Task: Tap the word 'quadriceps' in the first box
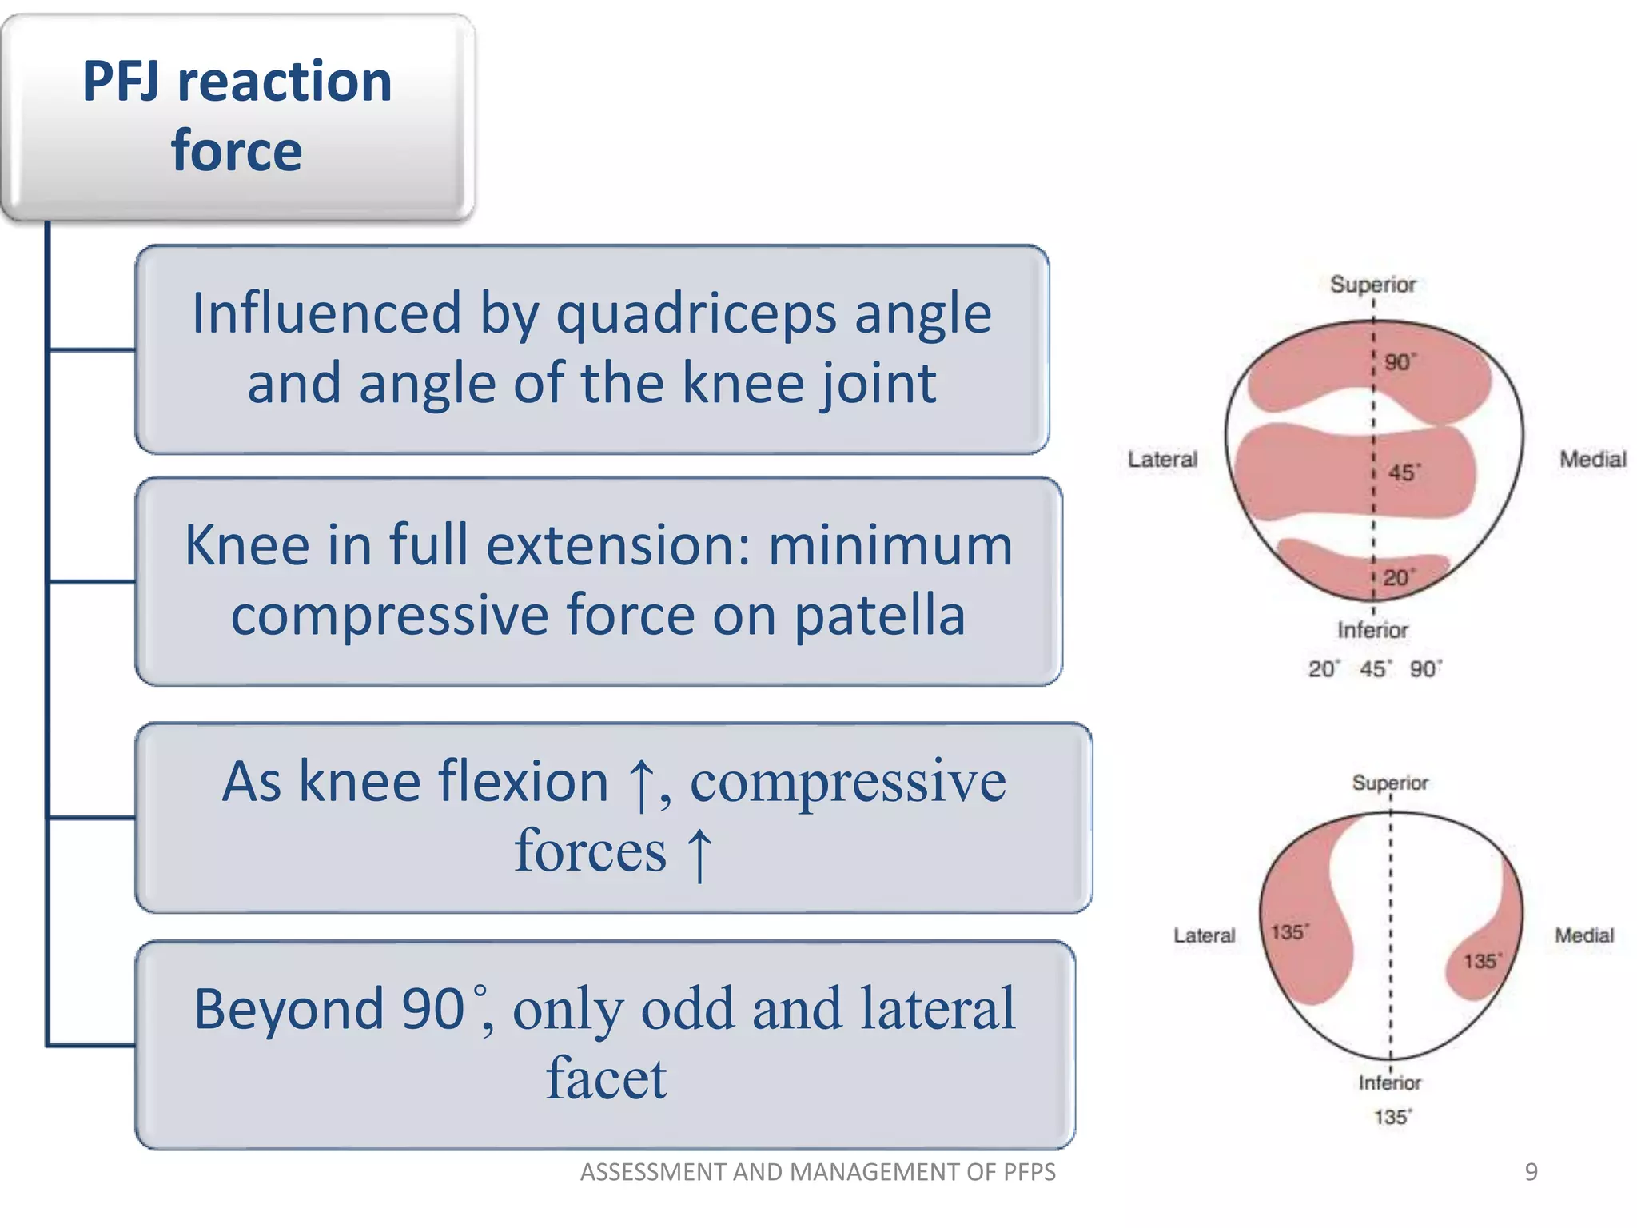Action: click(x=695, y=313)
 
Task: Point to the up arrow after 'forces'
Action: click(x=699, y=854)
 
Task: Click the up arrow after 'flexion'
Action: click(x=640, y=784)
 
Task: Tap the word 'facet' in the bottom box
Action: click(x=606, y=1079)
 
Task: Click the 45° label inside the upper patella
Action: click(x=1404, y=472)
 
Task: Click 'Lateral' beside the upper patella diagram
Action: click(x=1162, y=460)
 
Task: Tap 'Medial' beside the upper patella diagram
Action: click(x=1592, y=460)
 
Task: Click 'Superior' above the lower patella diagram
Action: click(x=1389, y=783)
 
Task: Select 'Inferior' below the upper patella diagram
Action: click(x=1372, y=630)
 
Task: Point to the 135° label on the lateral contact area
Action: click(x=1289, y=932)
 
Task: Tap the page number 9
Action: click(x=1531, y=1172)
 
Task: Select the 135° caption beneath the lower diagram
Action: click(x=1392, y=1117)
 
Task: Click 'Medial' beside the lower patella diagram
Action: click(x=1583, y=935)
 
